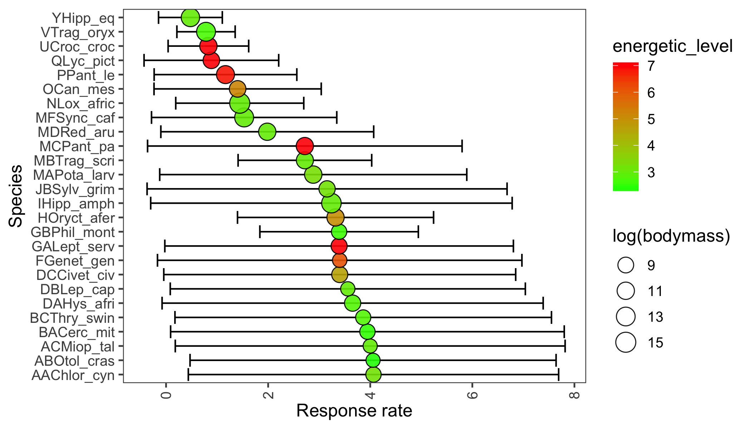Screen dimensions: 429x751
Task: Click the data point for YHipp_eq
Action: (x=190, y=18)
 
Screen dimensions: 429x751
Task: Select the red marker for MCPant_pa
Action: (x=305, y=146)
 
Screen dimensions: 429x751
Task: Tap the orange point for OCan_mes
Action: (x=237, y=89)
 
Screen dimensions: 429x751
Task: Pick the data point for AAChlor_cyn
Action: (x=373, y=375)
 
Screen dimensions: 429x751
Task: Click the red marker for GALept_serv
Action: (x=339, y=246)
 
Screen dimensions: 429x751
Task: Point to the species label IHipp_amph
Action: (x=76, y=204)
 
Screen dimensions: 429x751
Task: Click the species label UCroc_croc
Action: (x=77, y=46)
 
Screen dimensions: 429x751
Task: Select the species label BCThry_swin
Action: (x=72, y=318)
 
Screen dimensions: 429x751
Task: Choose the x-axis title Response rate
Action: (x=354, y=411)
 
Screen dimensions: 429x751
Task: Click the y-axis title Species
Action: (x=16, y=196)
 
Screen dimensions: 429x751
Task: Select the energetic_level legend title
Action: (x=672, y=46)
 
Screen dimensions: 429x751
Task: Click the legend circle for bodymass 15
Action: (x=626, y=342)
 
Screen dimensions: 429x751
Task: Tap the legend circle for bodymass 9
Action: (x=626, y=265)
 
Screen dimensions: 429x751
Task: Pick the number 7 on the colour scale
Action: (x=651, y=66)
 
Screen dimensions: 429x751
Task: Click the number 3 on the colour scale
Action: (x=651, y=172)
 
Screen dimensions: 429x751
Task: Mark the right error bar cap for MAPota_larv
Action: (x=467, y=175)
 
